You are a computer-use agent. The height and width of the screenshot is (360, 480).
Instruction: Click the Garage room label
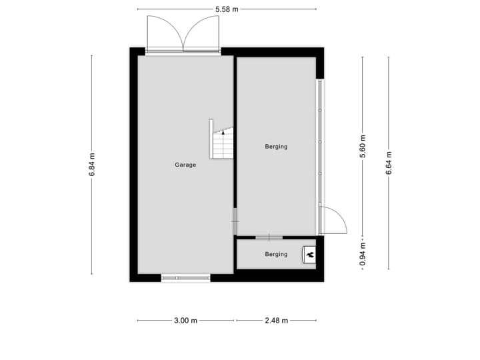pos(185,165)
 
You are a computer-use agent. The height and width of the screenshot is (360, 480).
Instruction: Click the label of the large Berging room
pos(276,147)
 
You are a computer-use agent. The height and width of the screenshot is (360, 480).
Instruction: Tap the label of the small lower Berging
pos(276,254)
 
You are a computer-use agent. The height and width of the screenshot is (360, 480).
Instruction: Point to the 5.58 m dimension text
pos(227,9)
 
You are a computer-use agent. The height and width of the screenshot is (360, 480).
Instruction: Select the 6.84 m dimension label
pos(92,165)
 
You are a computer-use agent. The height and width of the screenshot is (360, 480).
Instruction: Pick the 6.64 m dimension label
pos(389,163)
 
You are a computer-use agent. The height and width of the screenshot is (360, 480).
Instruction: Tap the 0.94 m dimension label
pos(363,253)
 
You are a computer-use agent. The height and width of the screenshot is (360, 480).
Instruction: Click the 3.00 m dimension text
pos(185,321)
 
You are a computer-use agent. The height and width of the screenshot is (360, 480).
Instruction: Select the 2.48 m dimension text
pos(276,321)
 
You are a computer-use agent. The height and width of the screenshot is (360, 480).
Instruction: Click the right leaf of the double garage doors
pos(202,34)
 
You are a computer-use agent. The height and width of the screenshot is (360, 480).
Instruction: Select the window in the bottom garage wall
pos(185,277)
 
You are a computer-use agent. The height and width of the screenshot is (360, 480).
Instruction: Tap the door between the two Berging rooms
pos(269,237)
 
